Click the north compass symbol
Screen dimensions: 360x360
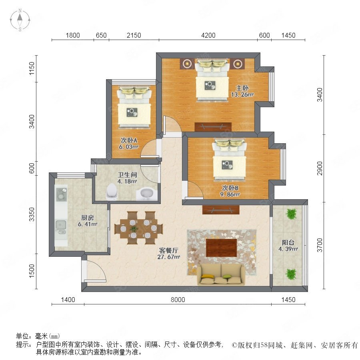(20, 20)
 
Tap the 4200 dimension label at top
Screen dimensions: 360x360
(208, 35)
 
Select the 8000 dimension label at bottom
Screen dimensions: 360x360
(178, 300)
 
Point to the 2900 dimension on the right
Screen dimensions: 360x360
(320, 168)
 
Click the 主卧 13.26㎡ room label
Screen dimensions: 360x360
(242, 91)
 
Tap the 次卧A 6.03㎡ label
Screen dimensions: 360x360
(128, 144)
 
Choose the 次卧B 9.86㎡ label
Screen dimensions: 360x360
(230, 191)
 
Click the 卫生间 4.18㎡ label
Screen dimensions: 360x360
(127, 178)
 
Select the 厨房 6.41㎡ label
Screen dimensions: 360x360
(88, 221)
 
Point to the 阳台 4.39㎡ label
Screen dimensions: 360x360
(288, 246)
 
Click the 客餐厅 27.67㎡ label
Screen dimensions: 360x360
(168, 254)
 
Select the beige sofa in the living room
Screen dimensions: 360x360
(221, 274)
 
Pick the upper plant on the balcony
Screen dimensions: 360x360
(291, 214)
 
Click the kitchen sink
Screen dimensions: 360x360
(61, 227)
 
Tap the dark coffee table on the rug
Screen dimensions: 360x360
(221, 248)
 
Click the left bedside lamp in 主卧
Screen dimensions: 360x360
(187, 63)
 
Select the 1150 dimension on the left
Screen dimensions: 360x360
(32, 68)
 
